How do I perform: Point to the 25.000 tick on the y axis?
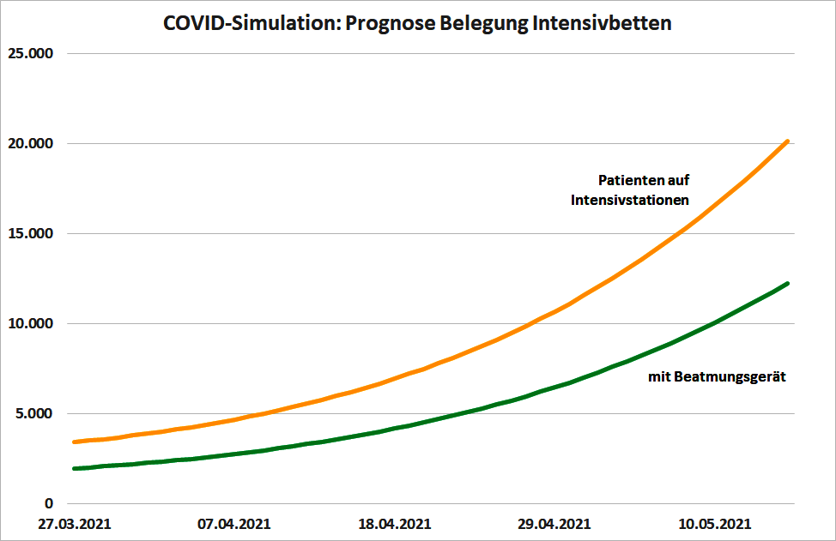tap(30, 53)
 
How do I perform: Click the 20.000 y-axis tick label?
tap(30, 143)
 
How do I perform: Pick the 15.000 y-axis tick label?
tap(30, 233)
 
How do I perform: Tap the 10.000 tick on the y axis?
tap(30, 323)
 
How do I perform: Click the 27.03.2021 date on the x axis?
tap(74, 524)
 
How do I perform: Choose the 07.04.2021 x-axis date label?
tap(235, 524)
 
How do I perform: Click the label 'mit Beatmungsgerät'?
tap(718, 376)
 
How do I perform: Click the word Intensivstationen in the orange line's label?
tap(631, 200)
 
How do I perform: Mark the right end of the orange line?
tap(787, 141)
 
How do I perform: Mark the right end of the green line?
tap(787, 284)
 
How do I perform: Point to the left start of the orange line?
tap(75, 442)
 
